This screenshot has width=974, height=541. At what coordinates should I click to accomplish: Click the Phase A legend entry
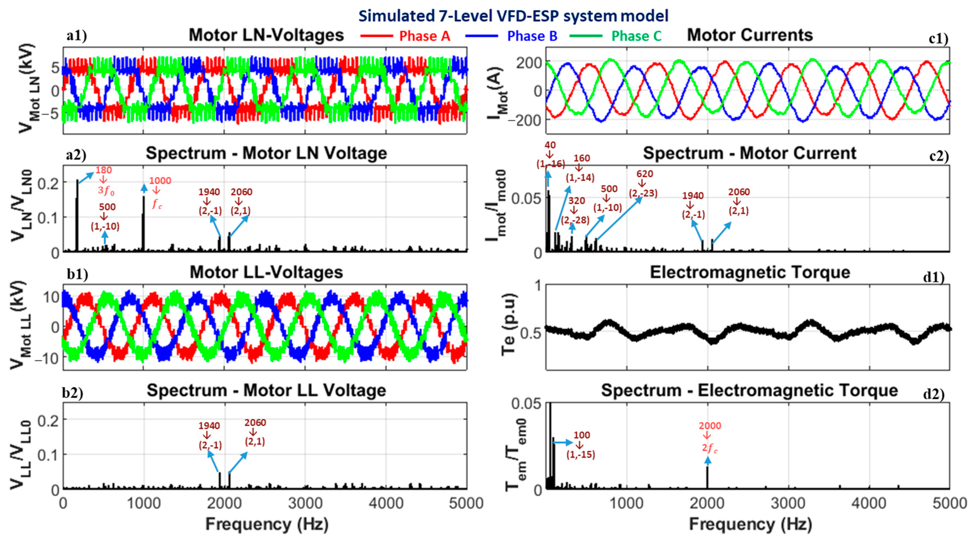[424, 36]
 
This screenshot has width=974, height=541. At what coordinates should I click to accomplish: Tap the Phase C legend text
[636, 36]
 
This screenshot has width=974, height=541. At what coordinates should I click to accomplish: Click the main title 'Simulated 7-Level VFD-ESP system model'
[513, 16]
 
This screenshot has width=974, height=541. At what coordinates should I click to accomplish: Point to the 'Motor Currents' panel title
[749, 35]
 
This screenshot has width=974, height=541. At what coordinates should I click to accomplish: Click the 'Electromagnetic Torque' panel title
[750, 272]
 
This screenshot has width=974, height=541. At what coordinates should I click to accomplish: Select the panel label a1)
[77, 36]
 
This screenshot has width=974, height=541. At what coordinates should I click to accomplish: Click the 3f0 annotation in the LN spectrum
[106, 191]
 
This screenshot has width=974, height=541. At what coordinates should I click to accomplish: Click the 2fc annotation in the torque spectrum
[710, 448]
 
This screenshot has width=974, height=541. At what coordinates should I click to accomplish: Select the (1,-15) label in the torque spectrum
[581, 454]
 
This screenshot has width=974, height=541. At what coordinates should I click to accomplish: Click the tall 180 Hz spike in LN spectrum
[77, 216]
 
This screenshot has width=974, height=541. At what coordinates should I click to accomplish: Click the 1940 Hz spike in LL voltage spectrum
[220, 480]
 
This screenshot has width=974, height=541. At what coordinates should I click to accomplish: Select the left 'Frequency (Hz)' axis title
[266, 525]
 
